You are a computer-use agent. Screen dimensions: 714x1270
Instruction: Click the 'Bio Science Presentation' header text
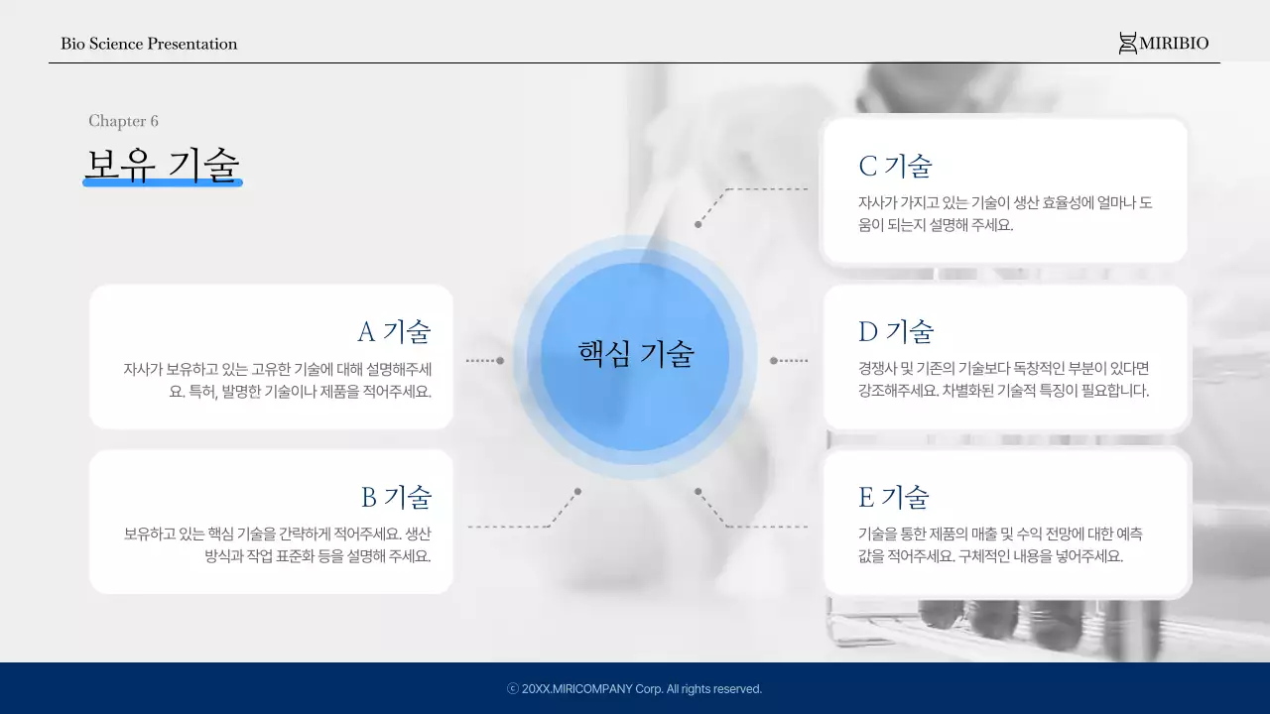point(149,44)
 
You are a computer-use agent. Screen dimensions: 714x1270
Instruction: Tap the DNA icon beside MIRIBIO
point(1127,44)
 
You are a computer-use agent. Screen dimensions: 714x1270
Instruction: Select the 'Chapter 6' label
point(123,121)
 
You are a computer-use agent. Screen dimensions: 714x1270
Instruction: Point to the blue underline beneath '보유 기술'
point(162,182)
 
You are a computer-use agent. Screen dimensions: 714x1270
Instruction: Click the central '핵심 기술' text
point(636,353)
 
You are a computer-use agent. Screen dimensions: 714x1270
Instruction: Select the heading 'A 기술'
point(394,331)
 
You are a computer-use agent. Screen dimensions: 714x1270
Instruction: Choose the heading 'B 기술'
point(396,497)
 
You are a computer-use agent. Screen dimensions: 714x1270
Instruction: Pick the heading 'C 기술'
point(895,166)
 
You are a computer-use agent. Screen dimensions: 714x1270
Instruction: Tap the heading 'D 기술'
point(896,331)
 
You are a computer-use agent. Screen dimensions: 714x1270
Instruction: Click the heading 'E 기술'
point(894,497)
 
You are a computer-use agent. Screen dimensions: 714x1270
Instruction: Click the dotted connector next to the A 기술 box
point(484,361)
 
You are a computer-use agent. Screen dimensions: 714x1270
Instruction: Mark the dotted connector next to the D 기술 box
point(790,361)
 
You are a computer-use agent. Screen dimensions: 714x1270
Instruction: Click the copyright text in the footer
point(635,689)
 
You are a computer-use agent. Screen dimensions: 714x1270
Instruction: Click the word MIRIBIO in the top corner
point(1174,44)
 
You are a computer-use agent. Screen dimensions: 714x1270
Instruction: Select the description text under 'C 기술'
point(1004,213)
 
